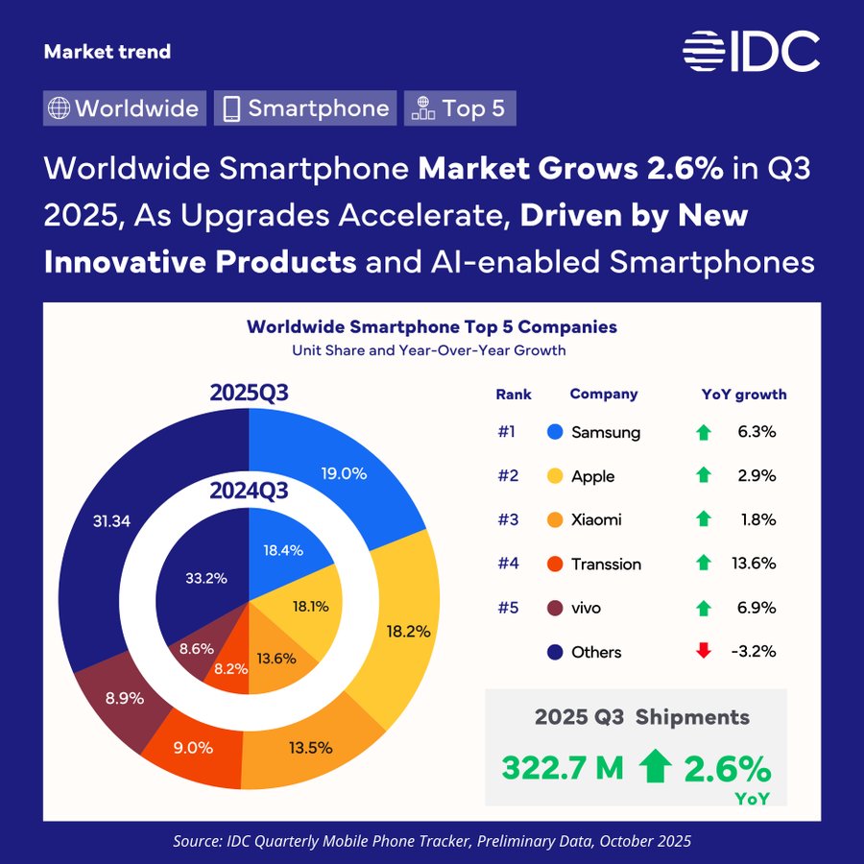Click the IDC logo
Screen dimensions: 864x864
pos(752,51)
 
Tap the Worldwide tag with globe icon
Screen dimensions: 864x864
pos(125,108)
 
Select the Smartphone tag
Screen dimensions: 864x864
pos(305,108)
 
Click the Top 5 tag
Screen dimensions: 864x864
pos(460,108)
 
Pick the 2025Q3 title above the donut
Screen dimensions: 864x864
pos(250,395)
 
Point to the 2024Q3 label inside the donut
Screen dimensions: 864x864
pos(250,492)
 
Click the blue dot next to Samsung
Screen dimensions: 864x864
pos(553,432)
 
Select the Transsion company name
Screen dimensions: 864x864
pos(606,564)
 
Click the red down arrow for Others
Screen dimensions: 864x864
pos(704,651)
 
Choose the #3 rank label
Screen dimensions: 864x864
pos(507,519)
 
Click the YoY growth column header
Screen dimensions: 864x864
pos(744,394)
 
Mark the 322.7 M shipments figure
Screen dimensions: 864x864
pos(563,768)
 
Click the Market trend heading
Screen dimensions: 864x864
pos(108,52)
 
